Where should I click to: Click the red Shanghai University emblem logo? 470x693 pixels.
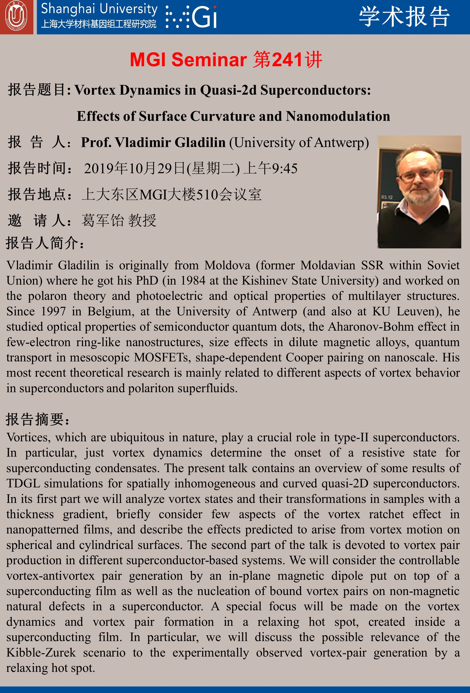[x=16, y=17]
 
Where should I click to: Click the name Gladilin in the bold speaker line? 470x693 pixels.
[x=200, y=143]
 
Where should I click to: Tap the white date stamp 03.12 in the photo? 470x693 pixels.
[x=387, y=197]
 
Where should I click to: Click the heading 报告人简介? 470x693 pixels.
[x=45, y=243]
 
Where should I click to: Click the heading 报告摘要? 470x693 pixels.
[x=37, y=420]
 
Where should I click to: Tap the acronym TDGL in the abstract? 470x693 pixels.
[x=23, y=483]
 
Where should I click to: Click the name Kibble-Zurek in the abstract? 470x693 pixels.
[x=41, y=653]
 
